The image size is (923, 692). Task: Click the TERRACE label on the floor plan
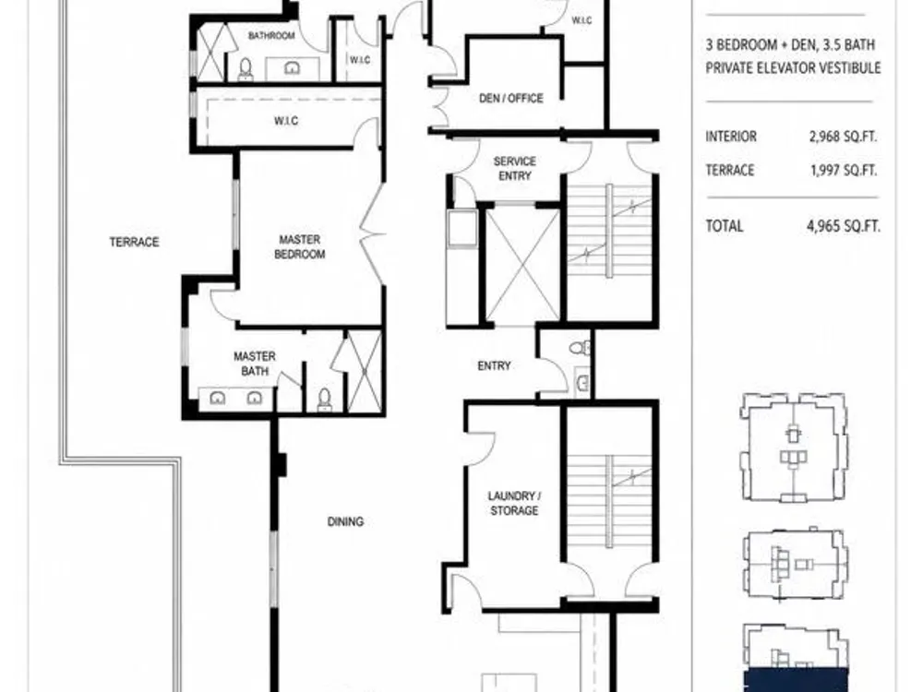[x=134, y=242]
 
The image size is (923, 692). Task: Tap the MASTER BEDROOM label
[x=300, y=247]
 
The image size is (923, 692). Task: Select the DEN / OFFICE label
[x=511, y=99]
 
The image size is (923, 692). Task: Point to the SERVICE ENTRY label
[x=514, y=168]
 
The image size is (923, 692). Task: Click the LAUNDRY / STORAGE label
[x=514, y=503]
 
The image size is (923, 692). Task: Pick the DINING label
[x=345, y=521]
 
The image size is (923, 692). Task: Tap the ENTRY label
[x=494, y=366]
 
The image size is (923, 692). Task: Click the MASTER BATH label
[x=255, y=364]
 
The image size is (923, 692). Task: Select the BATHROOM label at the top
[x=271, y=36]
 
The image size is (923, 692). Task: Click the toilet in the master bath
[x=324, y=400]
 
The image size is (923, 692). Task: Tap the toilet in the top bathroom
[x=246, y=69]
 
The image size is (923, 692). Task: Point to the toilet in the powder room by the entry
[x=580, y=349]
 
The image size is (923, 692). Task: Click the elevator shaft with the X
[x=522, y=264]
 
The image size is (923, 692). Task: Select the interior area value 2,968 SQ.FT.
[x=843, y=137]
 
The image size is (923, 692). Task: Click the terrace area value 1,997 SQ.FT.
[x=844, y=171]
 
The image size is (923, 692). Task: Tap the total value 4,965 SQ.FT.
[x=844, y=226]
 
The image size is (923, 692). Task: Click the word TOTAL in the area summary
[x=725, y=226]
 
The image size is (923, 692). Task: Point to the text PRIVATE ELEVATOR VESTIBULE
[x=793, y=68]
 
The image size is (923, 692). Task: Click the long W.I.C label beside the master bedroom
[x=286, y=121]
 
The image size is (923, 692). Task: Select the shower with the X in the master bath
[x=365, y=371]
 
